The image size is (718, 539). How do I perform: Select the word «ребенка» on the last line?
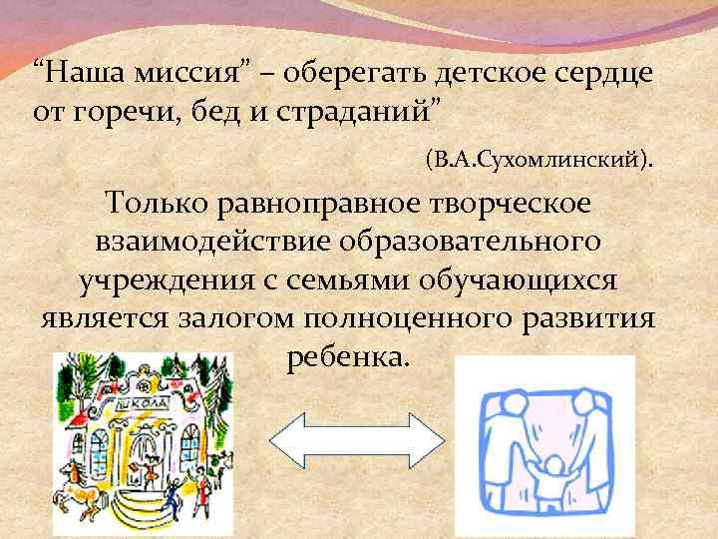(346, 357)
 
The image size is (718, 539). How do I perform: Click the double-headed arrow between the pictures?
(357, 439)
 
